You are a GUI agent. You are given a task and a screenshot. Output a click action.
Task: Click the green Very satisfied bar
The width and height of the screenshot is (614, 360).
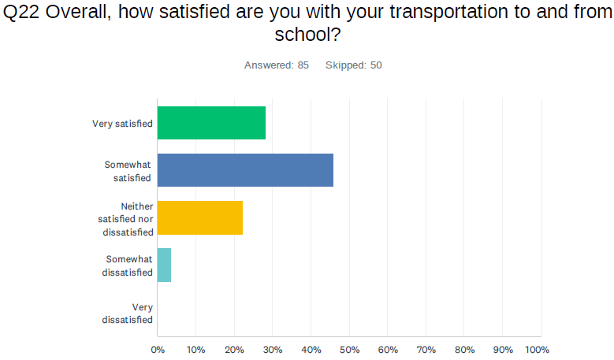pos(211,123)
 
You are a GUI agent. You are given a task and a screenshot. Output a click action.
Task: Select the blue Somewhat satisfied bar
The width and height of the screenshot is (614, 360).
pos(245,170)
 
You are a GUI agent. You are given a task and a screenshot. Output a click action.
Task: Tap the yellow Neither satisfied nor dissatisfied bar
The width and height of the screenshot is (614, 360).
pos(200,217)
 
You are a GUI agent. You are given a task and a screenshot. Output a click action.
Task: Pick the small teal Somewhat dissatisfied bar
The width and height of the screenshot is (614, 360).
pos(164,265)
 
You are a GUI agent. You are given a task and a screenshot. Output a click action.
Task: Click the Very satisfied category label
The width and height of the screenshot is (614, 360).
pos(122,124)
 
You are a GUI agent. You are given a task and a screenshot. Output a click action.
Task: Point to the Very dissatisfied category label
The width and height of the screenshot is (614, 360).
pos(128,313)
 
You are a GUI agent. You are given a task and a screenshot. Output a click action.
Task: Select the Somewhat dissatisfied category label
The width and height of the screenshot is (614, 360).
pos(128,265)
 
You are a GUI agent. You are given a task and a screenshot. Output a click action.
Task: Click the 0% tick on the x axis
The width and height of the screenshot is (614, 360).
pos(158,349)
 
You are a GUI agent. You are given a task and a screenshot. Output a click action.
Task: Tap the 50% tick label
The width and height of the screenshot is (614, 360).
pos(349,349)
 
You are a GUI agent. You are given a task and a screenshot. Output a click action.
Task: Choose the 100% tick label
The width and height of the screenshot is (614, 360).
pos(537,349)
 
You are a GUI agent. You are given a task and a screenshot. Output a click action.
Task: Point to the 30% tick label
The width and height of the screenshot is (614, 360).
pos(273,349)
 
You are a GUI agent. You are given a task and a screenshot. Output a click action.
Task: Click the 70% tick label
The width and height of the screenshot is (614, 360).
pos(426,349)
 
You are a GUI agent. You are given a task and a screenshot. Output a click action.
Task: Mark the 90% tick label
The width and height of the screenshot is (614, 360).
pos(502,349)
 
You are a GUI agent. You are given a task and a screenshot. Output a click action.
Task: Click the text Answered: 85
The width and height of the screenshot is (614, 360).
pos(276,65)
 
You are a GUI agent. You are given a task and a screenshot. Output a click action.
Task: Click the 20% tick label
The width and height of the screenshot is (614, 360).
pos(234,349)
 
